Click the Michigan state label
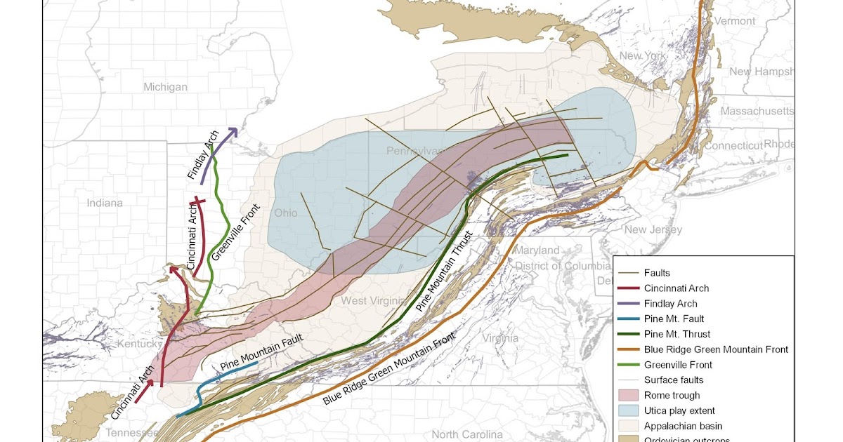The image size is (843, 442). [165, 87]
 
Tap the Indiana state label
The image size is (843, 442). [105, 203]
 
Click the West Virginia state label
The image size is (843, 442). [374, 301]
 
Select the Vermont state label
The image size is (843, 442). [734, 21]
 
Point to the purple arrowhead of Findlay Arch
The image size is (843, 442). [233, 132]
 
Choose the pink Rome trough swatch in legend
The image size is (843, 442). [629, 395]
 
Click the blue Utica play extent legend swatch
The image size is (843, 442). [629, 410]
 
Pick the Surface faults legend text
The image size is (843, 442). [673, 380]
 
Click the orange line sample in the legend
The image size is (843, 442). [629, 349]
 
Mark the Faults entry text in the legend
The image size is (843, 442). [657, 273]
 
